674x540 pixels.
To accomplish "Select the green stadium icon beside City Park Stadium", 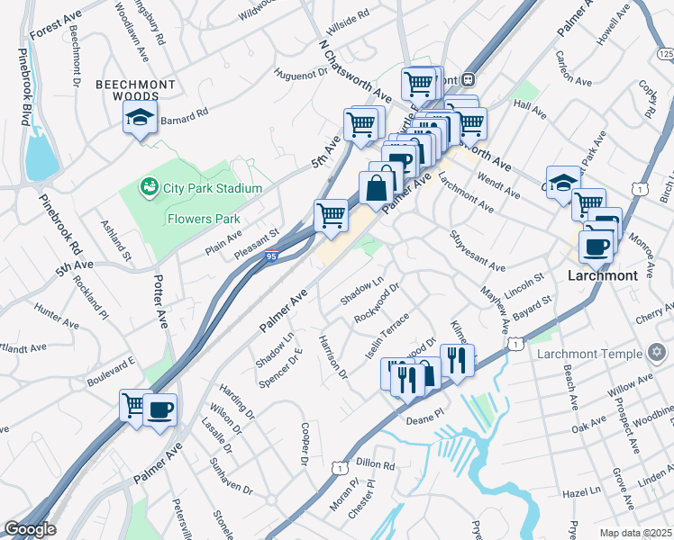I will (149, 187).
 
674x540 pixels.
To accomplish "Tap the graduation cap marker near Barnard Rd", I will (140, 118).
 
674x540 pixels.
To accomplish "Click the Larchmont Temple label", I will (588, 353).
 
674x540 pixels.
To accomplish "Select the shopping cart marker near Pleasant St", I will (331, 216).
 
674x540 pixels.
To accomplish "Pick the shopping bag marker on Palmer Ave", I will (378, 188).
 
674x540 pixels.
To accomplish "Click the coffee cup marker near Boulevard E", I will (160, 410).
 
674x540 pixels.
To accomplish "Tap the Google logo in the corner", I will (30, 529).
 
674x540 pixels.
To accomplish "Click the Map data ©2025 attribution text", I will (635, 533).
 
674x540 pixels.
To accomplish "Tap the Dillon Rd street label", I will (375, 464).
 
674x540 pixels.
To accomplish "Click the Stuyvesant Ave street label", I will (477, 253).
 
